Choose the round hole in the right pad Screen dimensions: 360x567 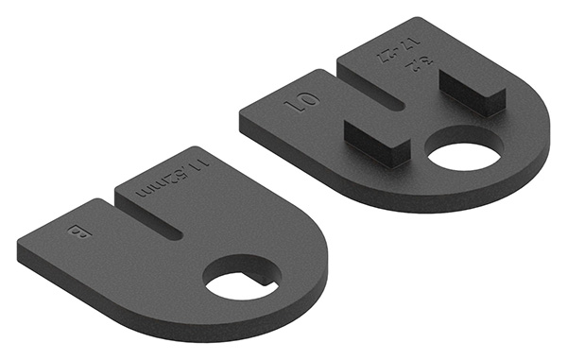(468, 150)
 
